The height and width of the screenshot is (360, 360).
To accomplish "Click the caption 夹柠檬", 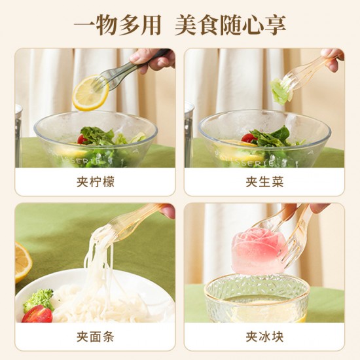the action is (96, 182).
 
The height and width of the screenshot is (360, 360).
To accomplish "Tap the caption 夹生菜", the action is (264, 182).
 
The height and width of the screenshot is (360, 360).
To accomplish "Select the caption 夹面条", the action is (96, 337).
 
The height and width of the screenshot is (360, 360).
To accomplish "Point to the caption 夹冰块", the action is (264, 337).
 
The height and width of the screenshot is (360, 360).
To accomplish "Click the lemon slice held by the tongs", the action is (90, 93).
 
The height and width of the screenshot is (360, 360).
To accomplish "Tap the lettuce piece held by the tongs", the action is (280, 92).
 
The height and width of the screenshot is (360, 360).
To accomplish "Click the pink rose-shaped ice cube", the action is (259, 251).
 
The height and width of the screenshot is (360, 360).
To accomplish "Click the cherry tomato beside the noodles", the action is (37, 314).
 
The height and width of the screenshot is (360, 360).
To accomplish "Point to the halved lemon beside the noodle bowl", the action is (22, 262).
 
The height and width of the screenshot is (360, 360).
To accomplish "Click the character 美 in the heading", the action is (186, 25).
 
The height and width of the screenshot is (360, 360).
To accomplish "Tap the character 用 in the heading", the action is (151, 25).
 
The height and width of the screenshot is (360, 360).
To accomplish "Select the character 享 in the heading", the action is (275, 25).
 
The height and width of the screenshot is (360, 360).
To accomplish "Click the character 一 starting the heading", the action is (84, 25).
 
